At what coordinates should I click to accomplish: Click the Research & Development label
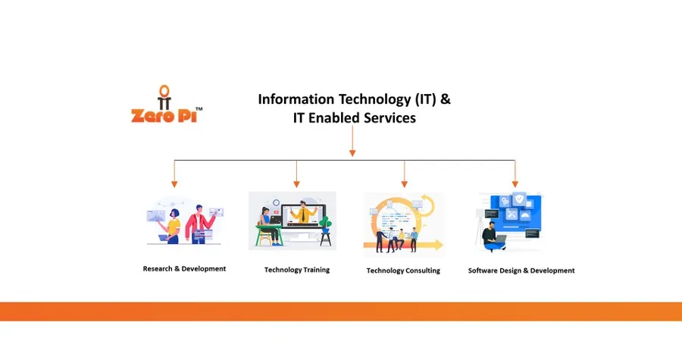click(184, 268)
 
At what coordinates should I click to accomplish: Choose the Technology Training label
click(297, 270)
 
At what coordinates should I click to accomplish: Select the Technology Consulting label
click(403, 271)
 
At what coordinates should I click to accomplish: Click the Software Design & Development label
click(521, 271)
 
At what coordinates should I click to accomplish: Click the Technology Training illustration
click(293, 221)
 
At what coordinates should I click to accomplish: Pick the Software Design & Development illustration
click(512, 221)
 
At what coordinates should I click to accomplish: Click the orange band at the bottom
click(341, 311)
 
